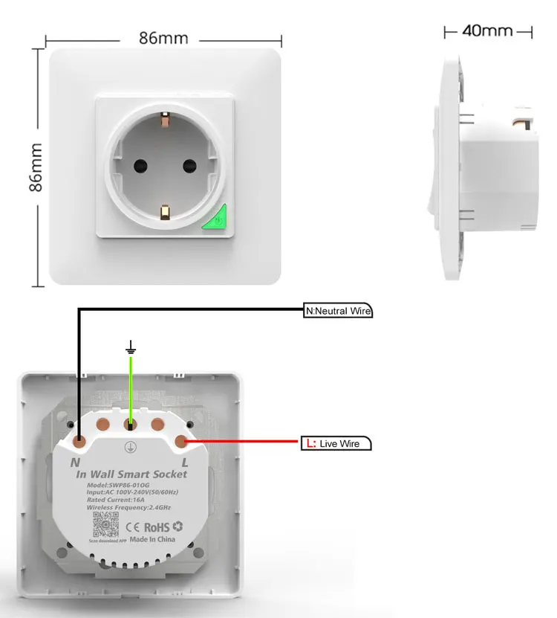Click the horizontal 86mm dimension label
click(x=163, y=37)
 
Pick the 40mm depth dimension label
click(x=487, y=30)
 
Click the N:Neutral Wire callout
click(x=338, y=311)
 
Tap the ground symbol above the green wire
click(x=131, y=347)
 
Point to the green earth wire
click(x=131, y=387)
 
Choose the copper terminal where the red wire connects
click(x=180, y=442)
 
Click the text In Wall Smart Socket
click(x=131, y=474)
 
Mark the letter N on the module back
click(x=74, y=462)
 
